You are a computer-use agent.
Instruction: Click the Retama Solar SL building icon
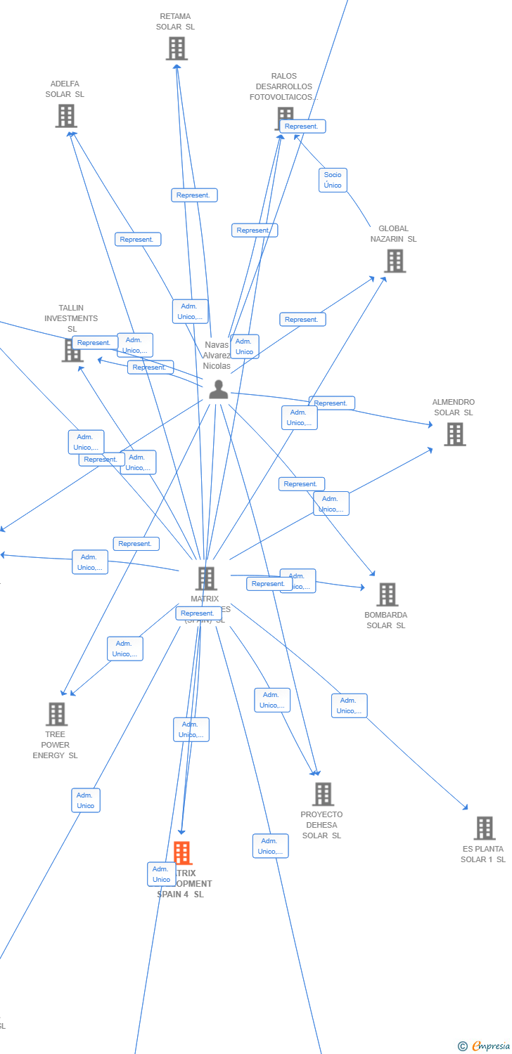[177, 48]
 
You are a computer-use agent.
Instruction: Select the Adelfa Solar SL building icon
[66, 116]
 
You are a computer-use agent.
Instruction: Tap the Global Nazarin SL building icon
[395, 261]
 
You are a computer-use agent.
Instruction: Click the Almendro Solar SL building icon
[455, 434]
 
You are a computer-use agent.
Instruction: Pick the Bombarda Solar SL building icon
[387, 594]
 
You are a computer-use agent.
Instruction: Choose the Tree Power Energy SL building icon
[56, 714]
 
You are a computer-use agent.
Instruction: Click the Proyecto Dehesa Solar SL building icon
[323, 794]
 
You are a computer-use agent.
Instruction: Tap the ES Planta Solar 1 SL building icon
[484, 828]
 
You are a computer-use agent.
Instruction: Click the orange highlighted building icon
[182, 853]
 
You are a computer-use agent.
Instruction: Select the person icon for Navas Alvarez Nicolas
[218, 389]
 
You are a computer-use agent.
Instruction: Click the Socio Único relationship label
[333, 180]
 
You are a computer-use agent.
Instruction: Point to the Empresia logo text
[490, 1046]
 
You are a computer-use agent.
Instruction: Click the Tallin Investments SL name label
[71, 318]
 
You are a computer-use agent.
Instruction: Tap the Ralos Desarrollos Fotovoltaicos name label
[283, 86]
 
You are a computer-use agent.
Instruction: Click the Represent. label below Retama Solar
[194, 195]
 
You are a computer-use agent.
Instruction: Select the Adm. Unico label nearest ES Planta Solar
[349, 705]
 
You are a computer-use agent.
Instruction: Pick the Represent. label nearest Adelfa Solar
[138, 240]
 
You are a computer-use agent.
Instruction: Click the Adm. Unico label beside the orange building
[161, 874]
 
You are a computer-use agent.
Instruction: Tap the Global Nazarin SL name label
[393, 234]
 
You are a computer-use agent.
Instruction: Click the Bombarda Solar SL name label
[385, 620]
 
